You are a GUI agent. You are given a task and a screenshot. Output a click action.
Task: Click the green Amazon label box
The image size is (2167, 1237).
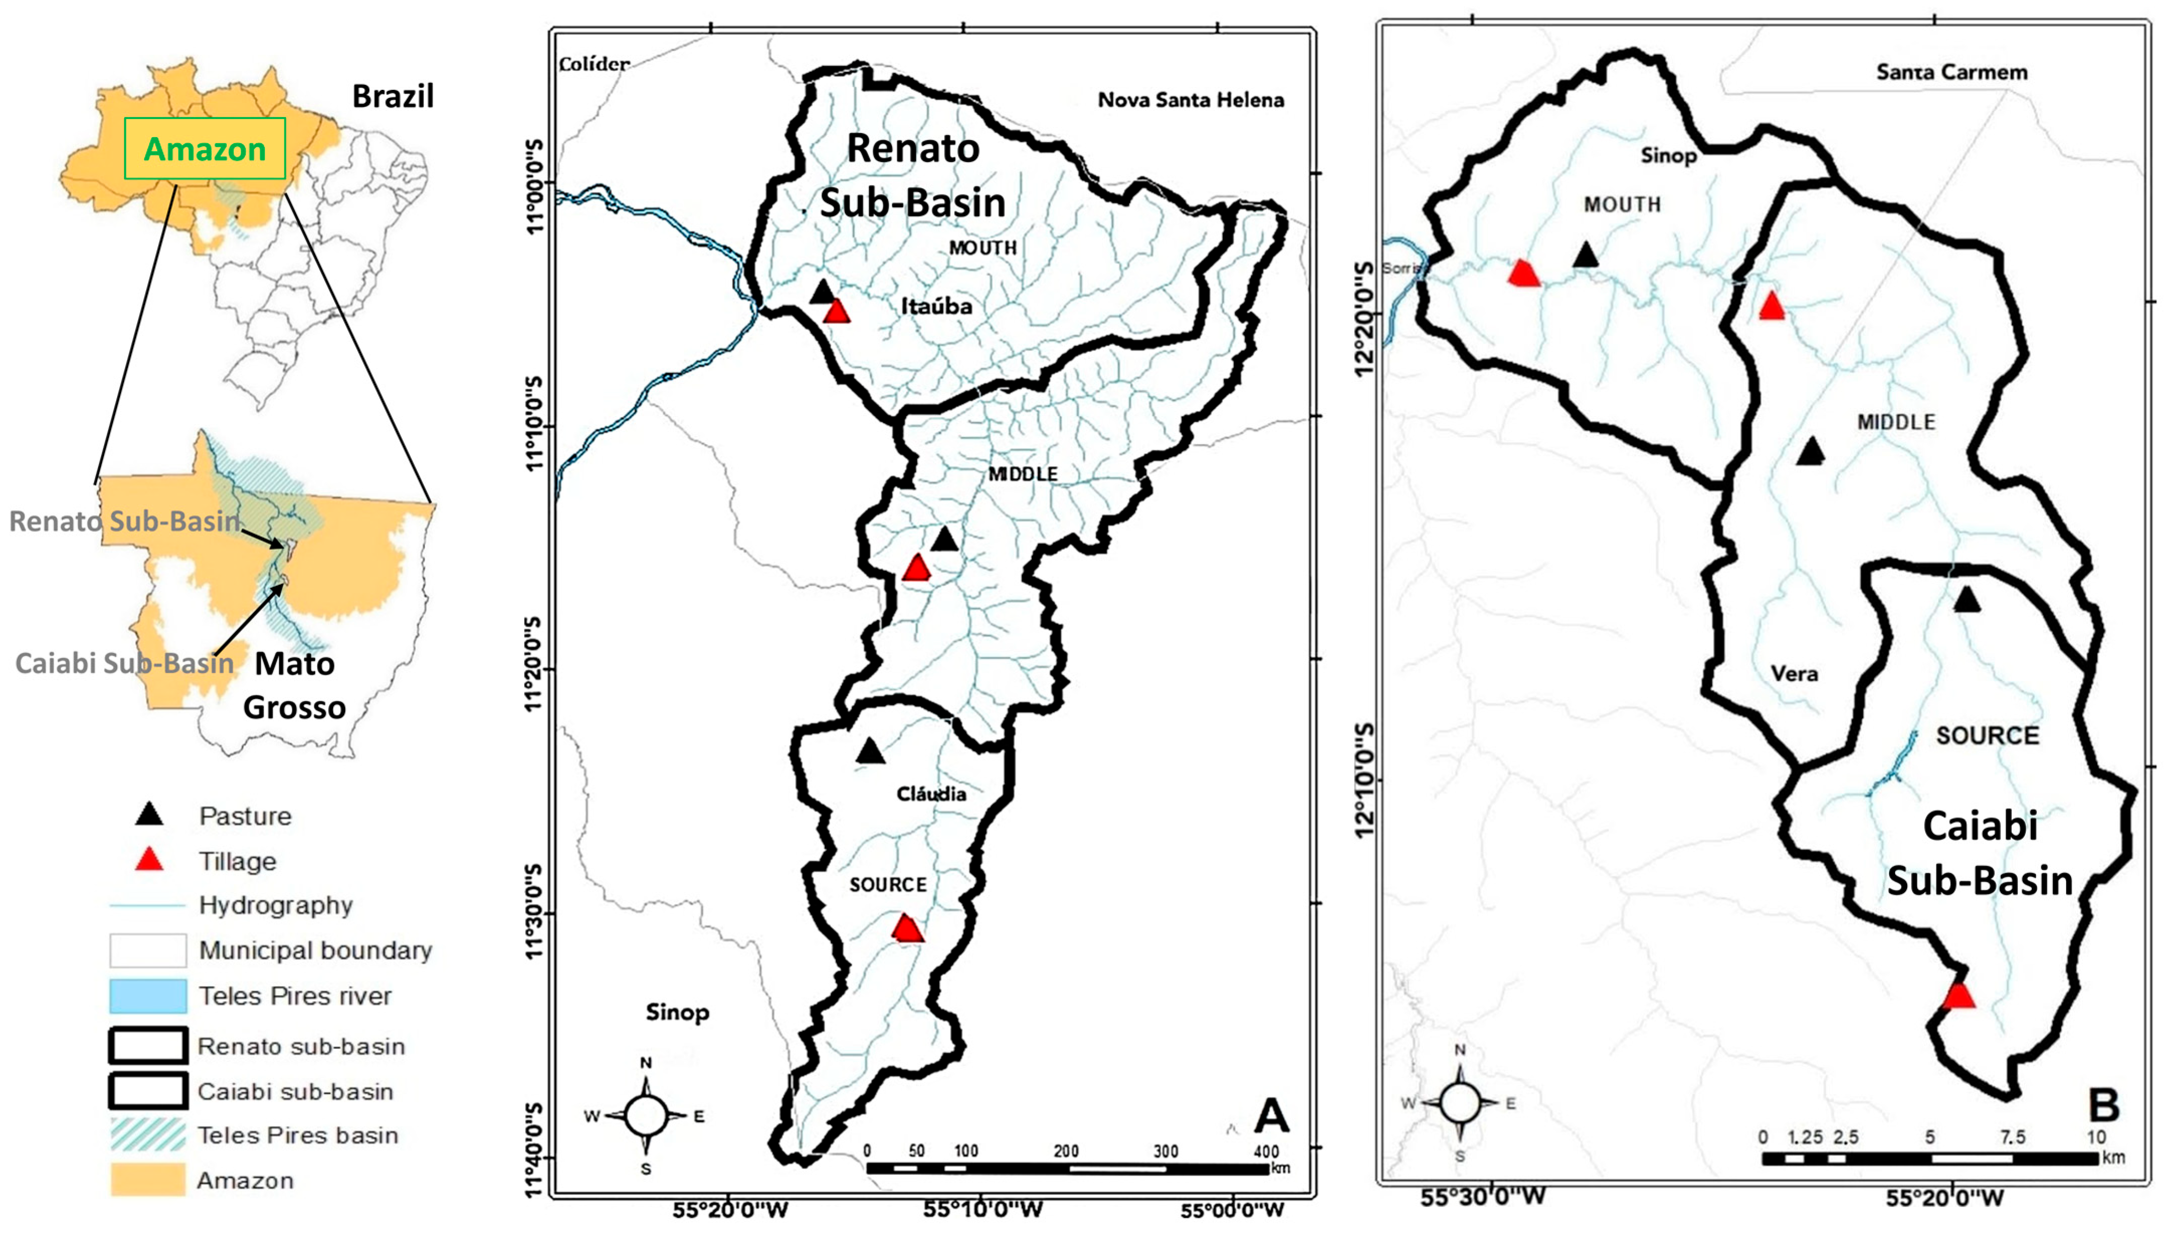[204, 149]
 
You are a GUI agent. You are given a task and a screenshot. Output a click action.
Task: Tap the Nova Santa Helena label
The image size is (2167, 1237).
[1190, 100]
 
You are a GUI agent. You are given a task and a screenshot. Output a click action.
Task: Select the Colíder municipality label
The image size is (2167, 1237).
[594, 64]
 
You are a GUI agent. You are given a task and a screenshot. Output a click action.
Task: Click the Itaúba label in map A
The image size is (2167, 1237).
[936, 306]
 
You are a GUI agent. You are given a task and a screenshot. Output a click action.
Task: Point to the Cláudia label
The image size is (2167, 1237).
[931, 793]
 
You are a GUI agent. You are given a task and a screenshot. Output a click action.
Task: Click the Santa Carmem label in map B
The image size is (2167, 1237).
[1951, 72]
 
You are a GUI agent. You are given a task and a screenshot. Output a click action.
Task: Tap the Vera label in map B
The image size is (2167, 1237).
[1794, 674]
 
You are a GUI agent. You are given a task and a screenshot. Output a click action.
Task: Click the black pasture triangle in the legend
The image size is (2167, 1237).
[150, 815]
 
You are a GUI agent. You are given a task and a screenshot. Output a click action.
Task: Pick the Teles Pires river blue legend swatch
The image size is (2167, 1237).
[148, 996]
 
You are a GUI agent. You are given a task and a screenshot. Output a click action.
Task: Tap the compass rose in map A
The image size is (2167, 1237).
[646, 1115]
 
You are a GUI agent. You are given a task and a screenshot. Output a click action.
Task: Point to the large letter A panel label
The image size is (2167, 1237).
[1271, 1115]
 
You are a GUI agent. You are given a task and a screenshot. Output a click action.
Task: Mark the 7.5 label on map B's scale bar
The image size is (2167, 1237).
[2012, 1137]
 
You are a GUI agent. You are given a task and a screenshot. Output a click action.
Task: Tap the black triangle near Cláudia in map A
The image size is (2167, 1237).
[870, 752]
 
